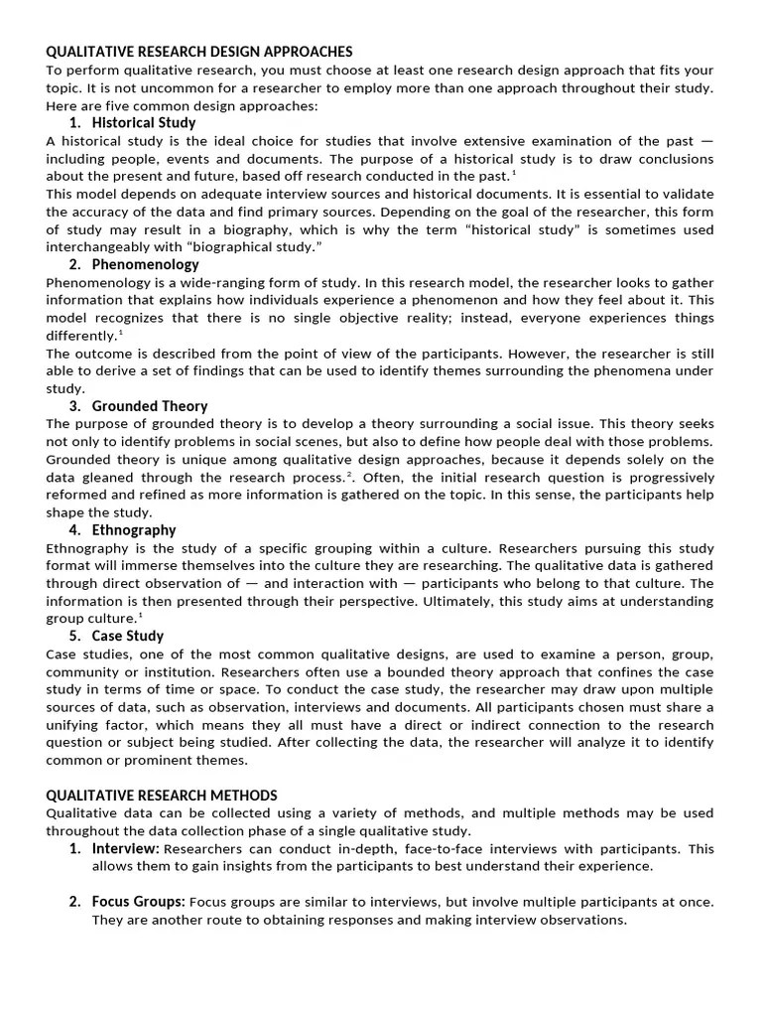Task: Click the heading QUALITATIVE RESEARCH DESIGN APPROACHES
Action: pos(199,52)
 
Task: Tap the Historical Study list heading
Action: pos(144,123)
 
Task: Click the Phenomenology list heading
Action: pos(145,264)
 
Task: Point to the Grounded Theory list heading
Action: pos(150,406)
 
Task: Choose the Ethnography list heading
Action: pos(134,529)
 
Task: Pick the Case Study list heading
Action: pos(128,636)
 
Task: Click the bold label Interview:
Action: pos(126,849)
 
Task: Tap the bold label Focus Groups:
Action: pos(138,902)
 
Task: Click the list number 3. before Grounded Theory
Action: pos(75,406)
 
